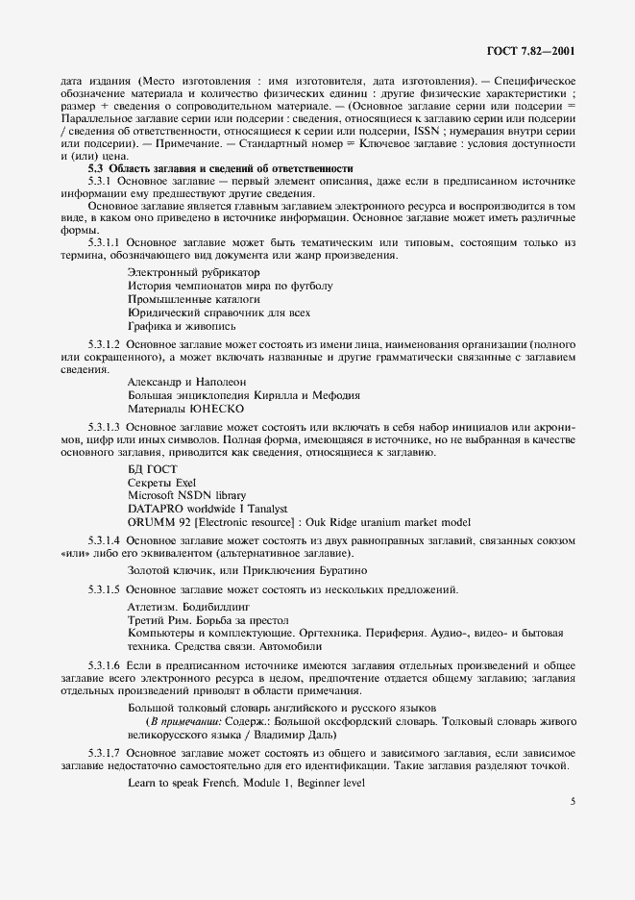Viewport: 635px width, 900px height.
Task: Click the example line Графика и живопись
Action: (182, 326)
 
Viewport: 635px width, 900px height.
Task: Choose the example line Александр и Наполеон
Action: (186, 382)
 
